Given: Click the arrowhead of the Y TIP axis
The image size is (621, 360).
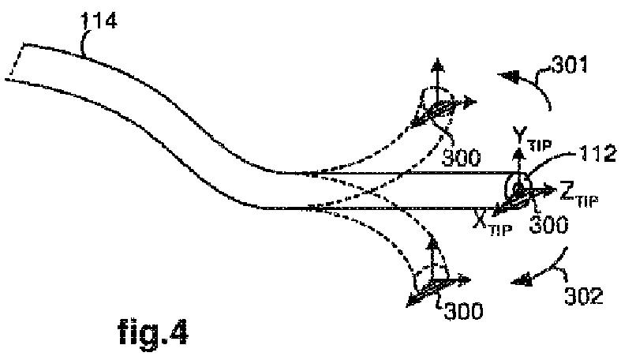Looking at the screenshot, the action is coord(518,147).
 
